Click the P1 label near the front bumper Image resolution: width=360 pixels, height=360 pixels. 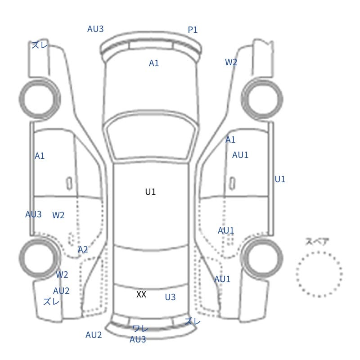point(193,30)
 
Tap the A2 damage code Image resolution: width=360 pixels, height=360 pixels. point(83,249)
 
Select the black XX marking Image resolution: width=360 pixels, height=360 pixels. point(141,294)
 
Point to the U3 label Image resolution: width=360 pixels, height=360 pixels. point(171,297)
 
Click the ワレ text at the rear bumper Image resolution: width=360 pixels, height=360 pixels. point(140,328)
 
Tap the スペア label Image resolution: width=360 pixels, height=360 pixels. point(314,242)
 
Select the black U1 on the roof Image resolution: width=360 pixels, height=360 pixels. point(150,192)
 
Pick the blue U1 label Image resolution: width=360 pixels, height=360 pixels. point(280,179)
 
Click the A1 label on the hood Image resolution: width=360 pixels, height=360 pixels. point(154,63)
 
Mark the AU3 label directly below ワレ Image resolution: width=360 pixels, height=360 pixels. point(138,339)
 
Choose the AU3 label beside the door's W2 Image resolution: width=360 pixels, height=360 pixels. point(33,214)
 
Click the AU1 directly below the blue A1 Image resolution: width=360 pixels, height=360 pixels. point(240,155)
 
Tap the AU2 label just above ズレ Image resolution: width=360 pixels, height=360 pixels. point(61,291)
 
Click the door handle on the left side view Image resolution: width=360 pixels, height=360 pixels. point(69,184)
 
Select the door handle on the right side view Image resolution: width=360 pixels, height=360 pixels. point(232,184)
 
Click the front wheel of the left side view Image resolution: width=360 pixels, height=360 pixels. point(40,81)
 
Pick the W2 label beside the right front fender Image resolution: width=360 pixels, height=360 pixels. point(231,62)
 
